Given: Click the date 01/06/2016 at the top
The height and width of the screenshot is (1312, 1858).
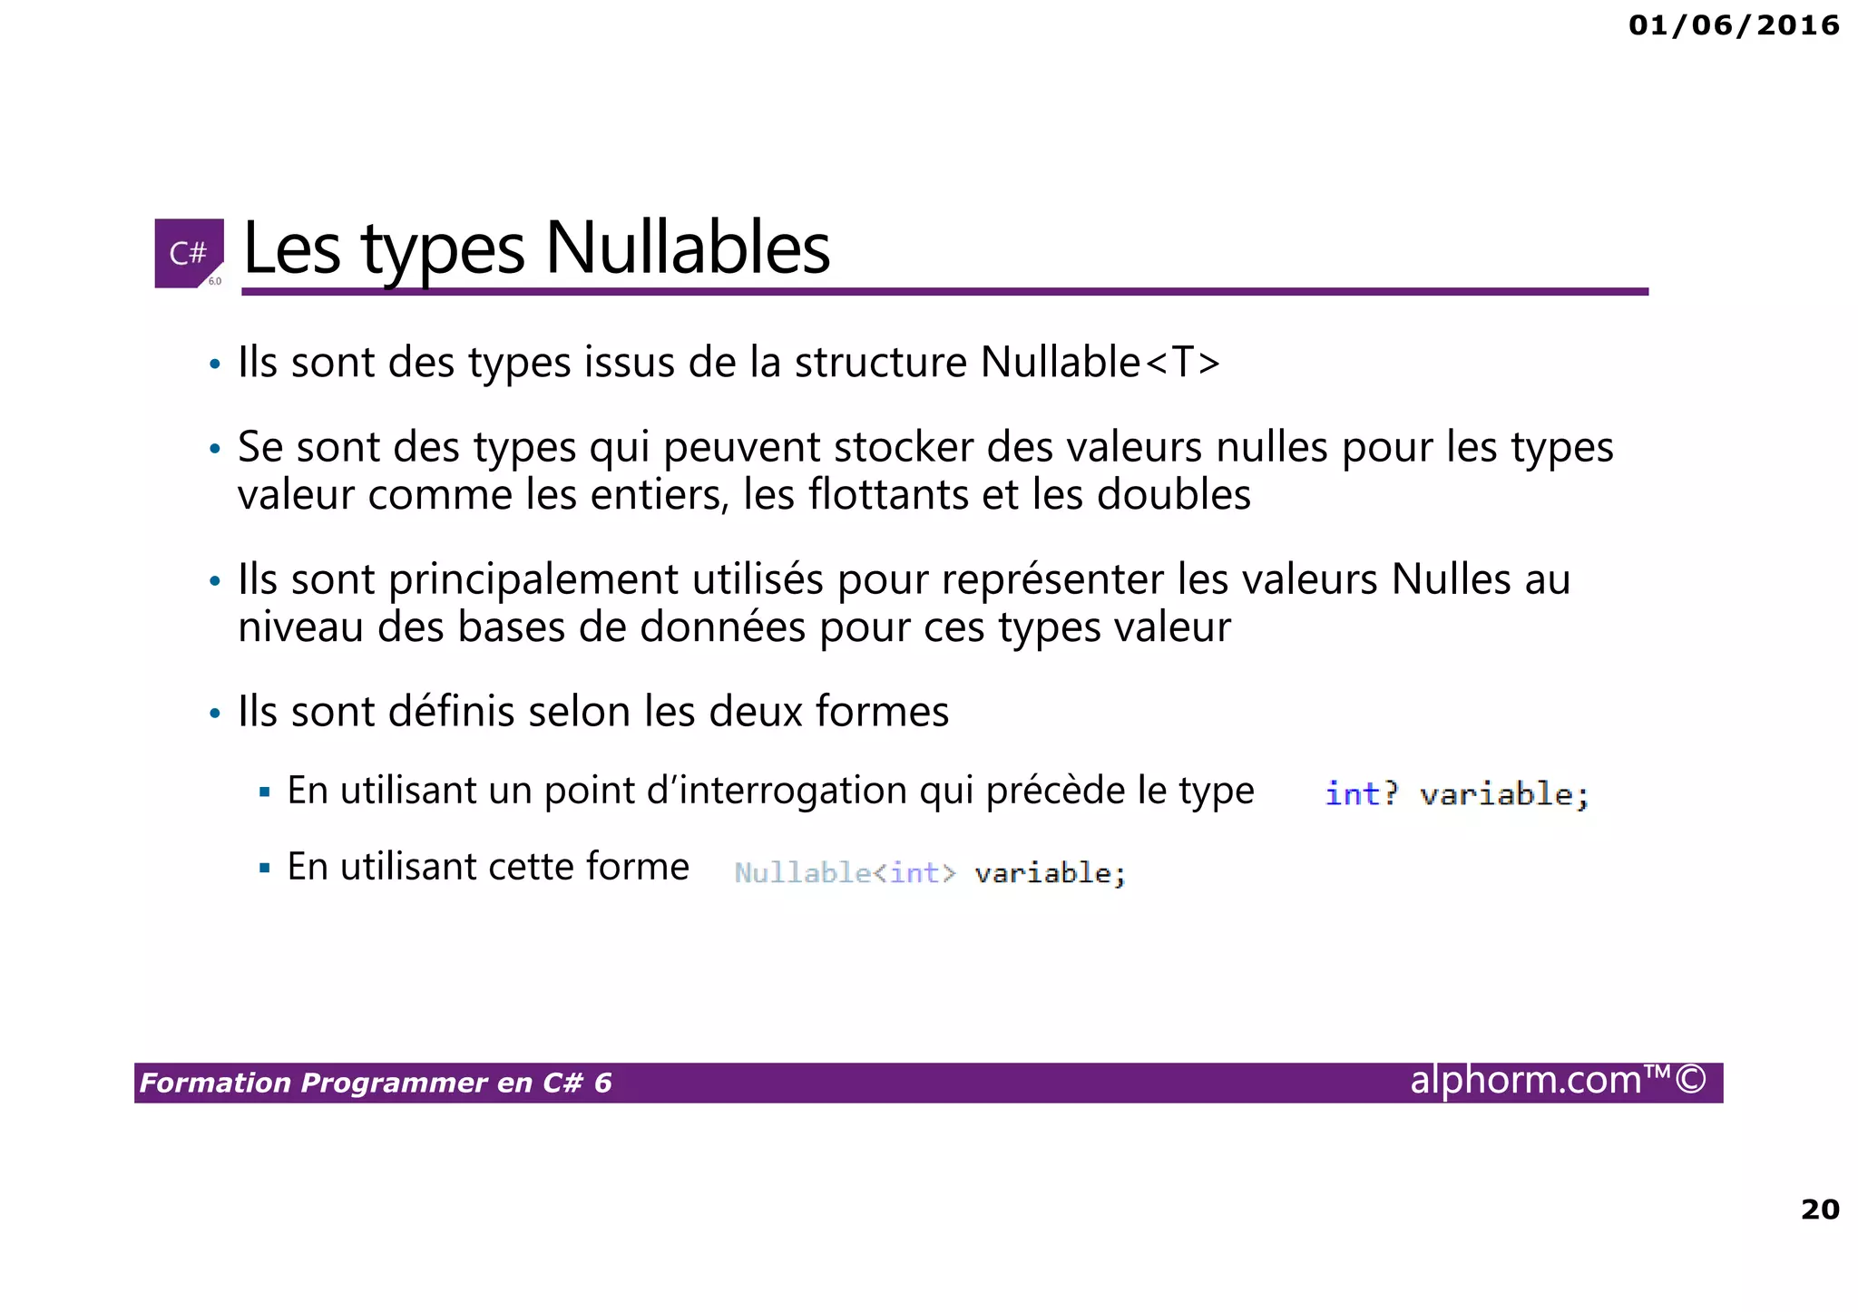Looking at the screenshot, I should tap(1733, 25).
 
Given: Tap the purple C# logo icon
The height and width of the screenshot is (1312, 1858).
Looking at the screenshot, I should tap(189, 253).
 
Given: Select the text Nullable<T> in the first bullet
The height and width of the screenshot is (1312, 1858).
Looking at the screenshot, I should tap(1100, 362).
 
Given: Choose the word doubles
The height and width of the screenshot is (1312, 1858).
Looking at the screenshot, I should tap(1174, 495).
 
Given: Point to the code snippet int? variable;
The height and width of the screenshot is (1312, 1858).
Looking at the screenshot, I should tap(1456, 794).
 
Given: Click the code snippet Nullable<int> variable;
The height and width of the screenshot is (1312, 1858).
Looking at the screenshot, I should tap(930, 872).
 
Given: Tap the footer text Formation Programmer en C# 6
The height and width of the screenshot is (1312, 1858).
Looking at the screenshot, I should tap(376, 1083).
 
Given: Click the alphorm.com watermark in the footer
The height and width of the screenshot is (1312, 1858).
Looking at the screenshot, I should tap(1557, 1080).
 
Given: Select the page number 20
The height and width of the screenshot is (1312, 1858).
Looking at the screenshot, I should tap(1819, 1209).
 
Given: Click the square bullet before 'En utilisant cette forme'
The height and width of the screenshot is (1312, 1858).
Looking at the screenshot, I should tap(265, 869).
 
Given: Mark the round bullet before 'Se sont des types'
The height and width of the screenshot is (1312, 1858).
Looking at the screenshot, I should tap(215, 449).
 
